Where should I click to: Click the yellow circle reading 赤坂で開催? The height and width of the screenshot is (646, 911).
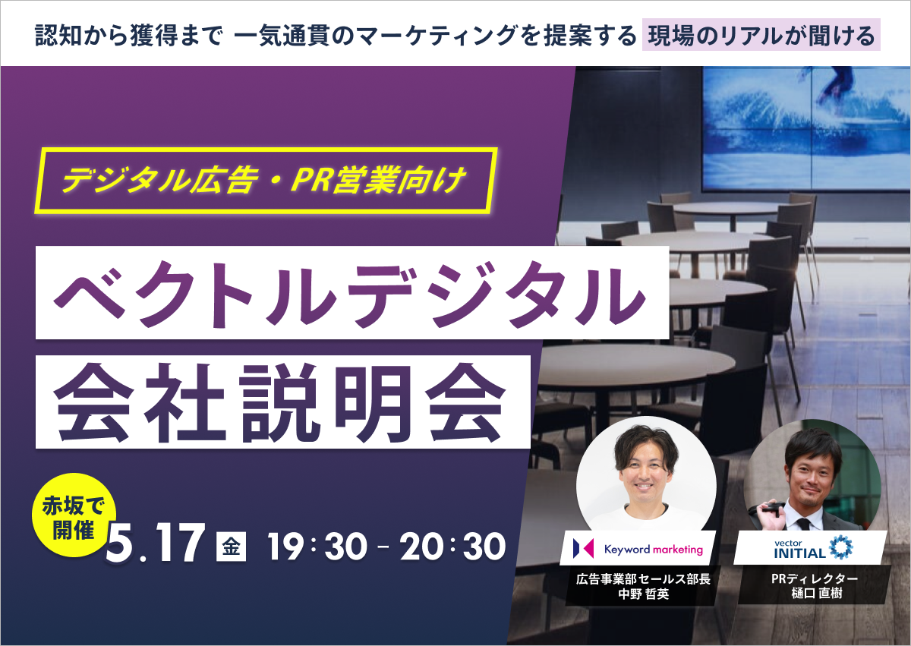point(74,515)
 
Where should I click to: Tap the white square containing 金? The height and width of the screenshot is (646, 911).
point(231,547)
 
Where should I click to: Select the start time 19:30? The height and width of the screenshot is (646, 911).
point(317,547)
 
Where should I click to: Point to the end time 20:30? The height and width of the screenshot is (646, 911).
point(452,547)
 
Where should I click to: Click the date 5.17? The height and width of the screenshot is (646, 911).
point(155,544)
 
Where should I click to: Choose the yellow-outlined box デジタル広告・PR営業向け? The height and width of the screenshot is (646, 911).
point(266,181)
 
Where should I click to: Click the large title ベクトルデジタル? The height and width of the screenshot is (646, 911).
point(351,293)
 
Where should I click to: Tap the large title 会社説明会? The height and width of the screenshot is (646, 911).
point(283,402)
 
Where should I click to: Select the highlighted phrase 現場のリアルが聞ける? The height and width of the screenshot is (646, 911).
point(761,35)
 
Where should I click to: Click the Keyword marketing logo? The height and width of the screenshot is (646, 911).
point(637,549)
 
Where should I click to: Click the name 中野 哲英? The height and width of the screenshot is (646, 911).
point(644,594)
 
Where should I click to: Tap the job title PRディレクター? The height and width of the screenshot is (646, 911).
point(815,578)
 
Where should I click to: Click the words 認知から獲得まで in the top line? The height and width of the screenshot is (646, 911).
point(129,35)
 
